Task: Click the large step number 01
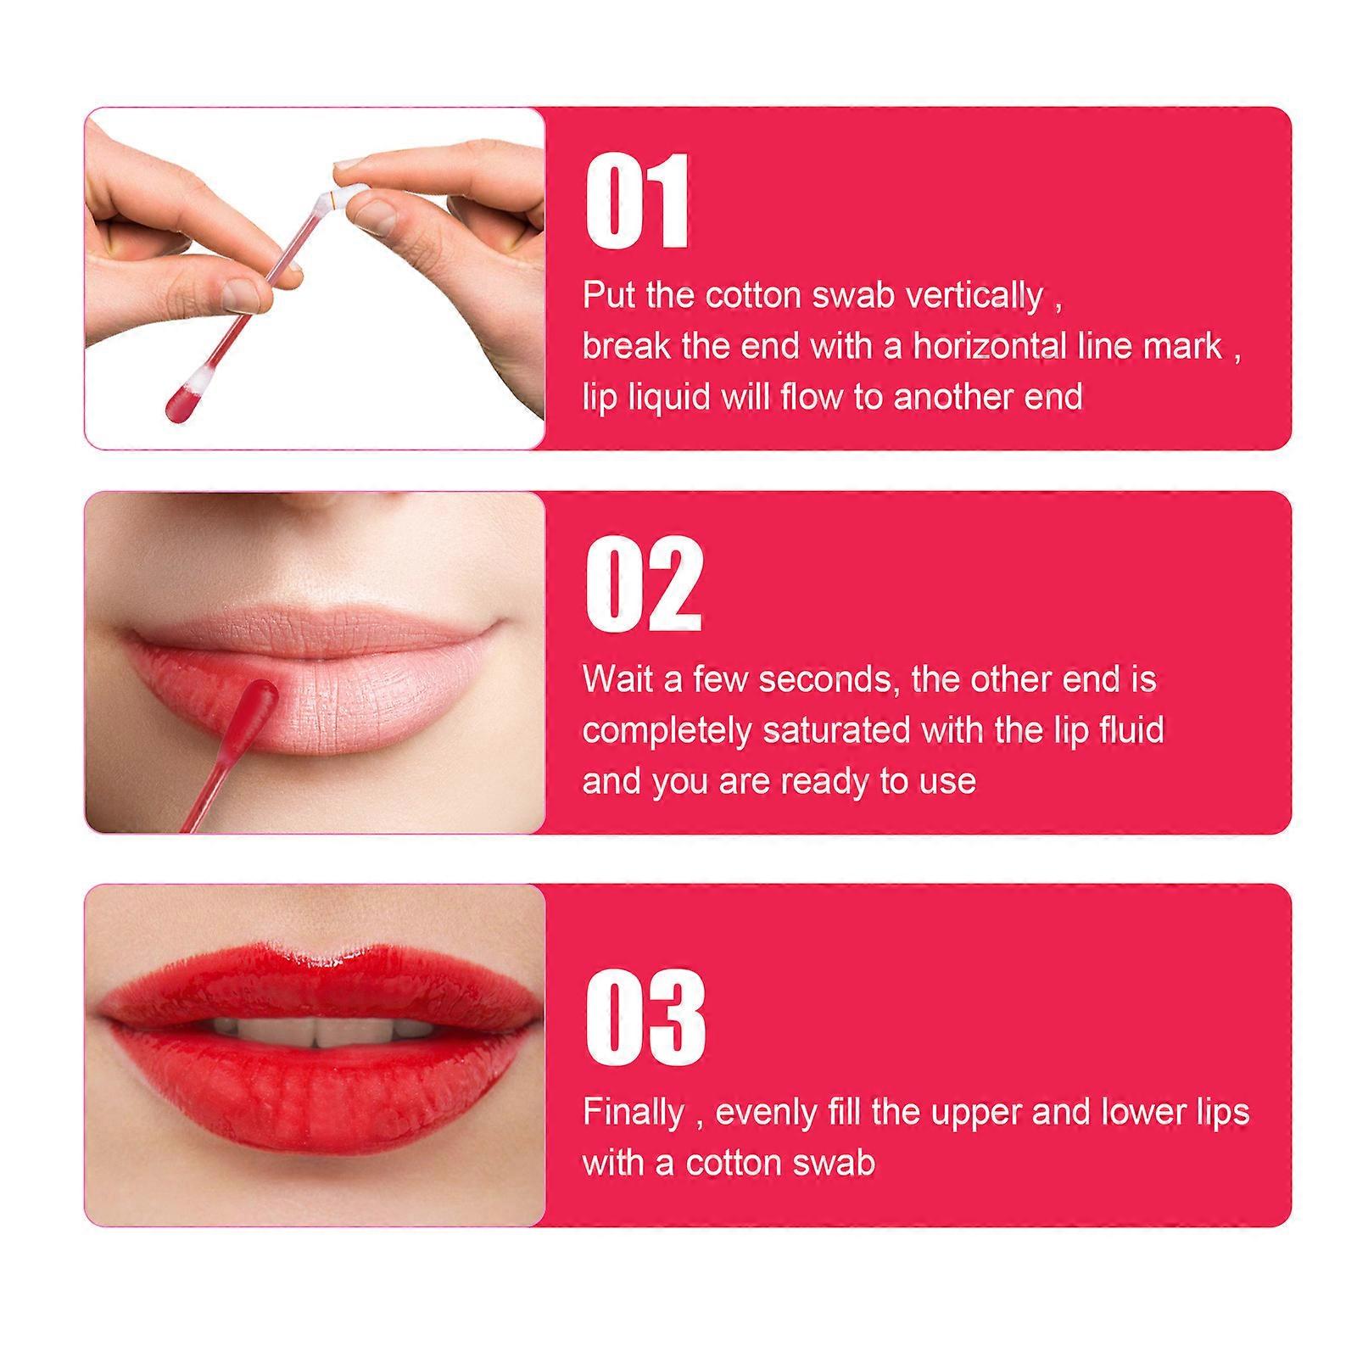point(636,201)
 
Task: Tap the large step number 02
point(644,584)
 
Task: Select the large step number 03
point(645,1017)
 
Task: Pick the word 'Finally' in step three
point(633,1113)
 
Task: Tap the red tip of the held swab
point(181,399)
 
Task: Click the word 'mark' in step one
point(1181,346)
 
